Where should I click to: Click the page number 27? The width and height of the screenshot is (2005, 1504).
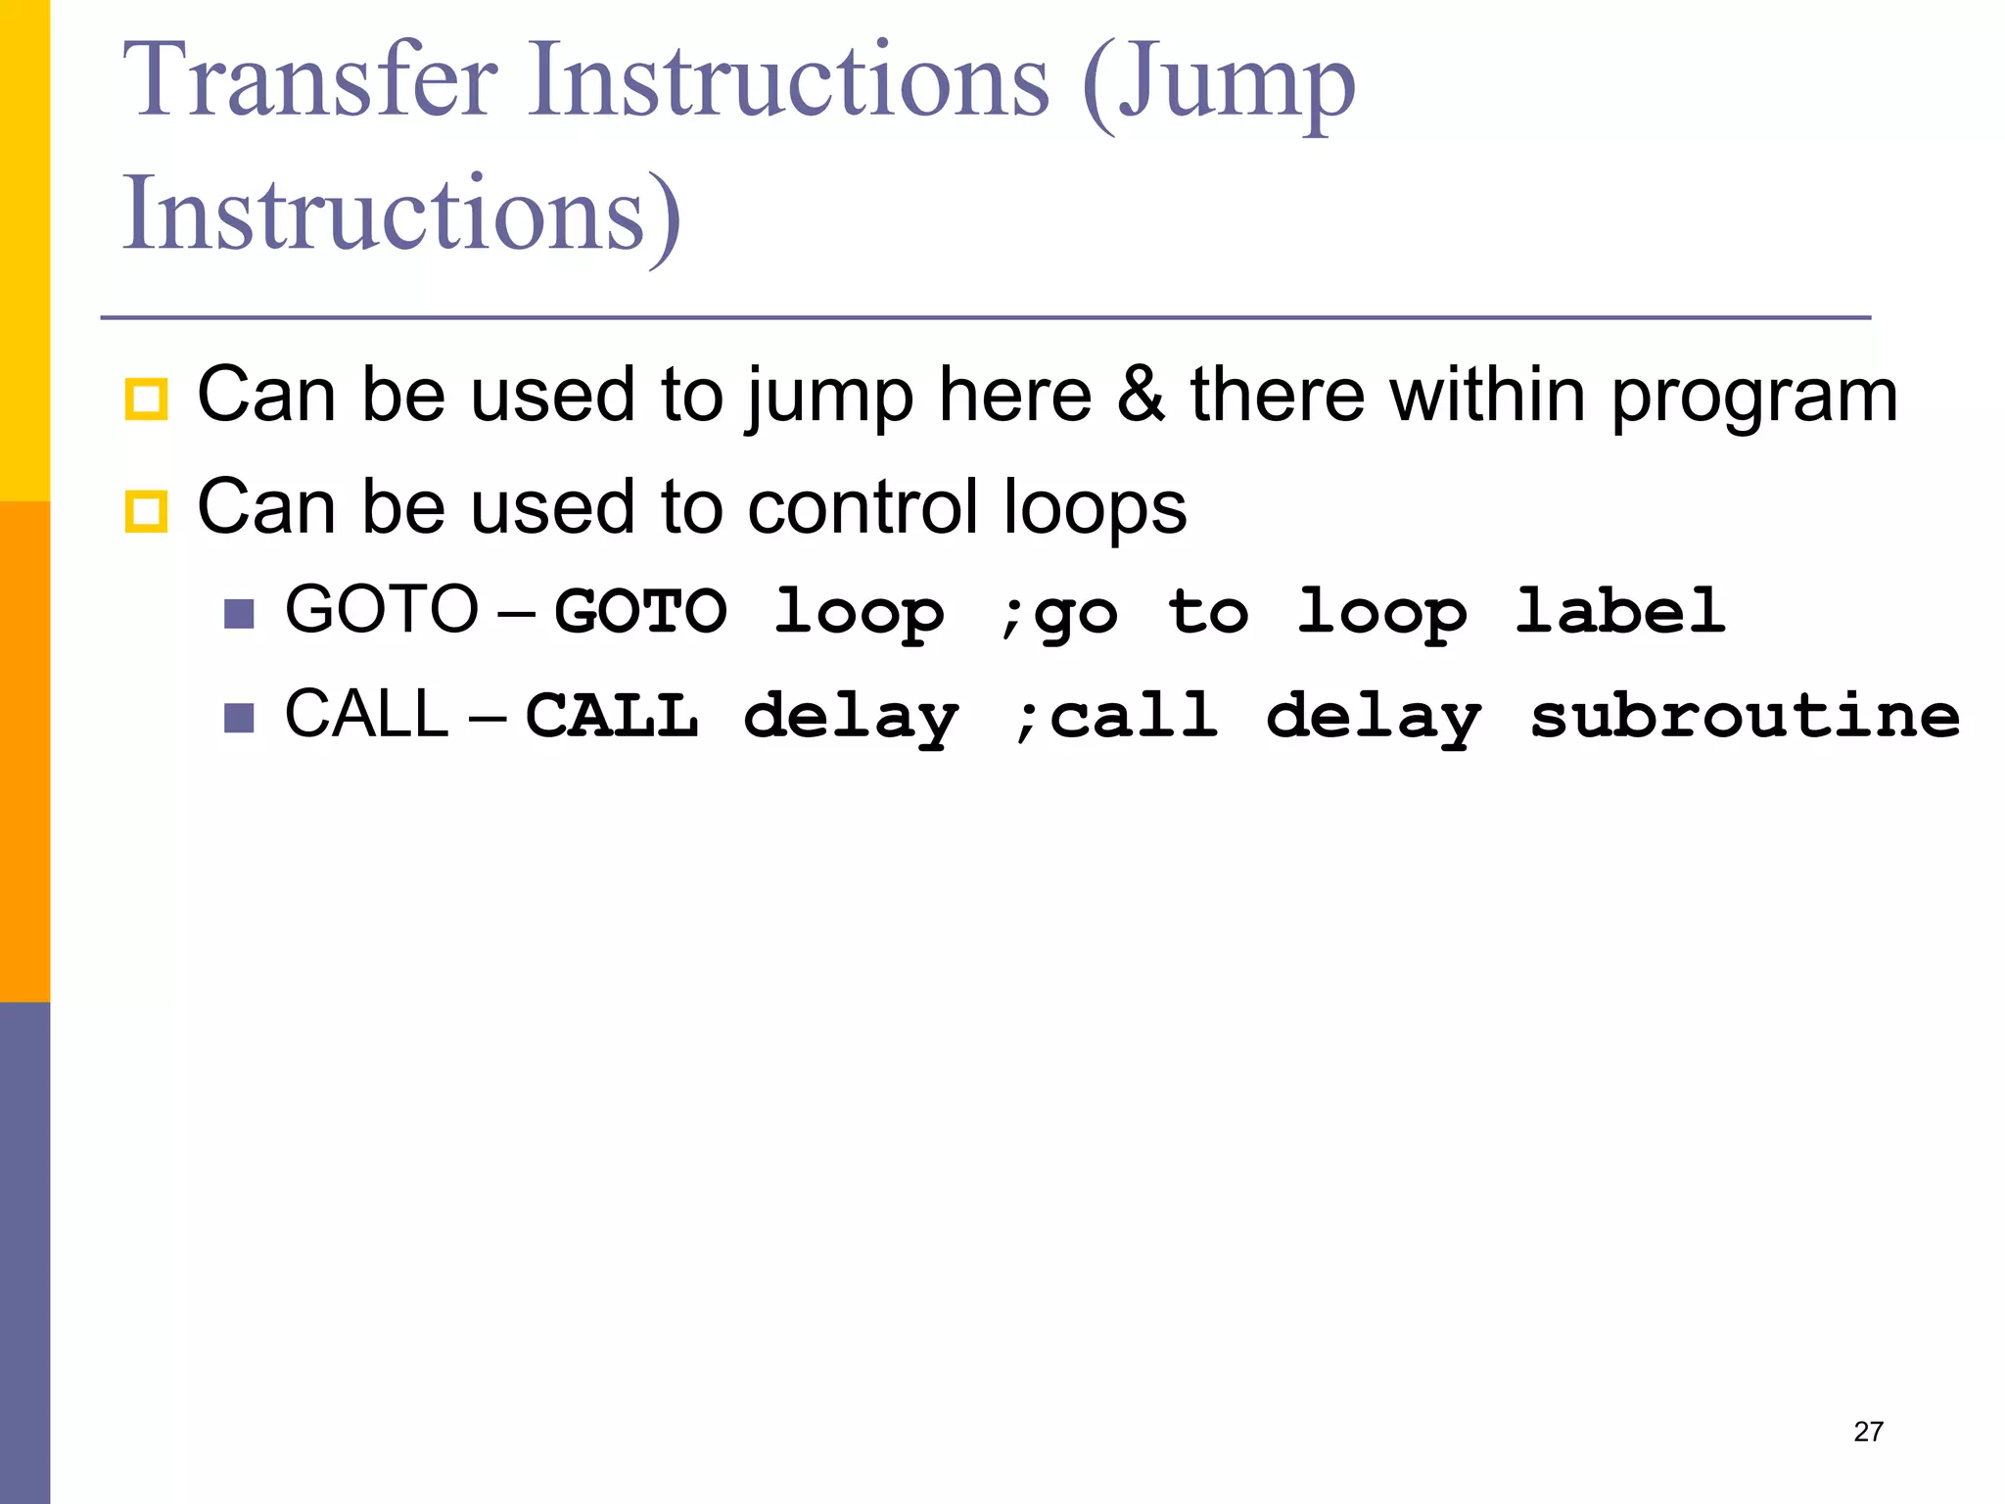1868,1432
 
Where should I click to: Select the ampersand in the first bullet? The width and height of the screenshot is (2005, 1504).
1141,395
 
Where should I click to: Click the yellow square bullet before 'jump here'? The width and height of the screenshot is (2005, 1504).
146,399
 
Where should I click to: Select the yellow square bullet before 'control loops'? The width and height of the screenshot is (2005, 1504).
146,511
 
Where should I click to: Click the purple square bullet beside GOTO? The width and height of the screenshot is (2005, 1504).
239,614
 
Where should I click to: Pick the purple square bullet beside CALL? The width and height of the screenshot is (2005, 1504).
239,718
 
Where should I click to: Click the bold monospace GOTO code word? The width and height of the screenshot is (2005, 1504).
641,612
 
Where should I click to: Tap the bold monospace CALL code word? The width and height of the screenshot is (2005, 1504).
612,716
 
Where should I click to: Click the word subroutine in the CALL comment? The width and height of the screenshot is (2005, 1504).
1745,716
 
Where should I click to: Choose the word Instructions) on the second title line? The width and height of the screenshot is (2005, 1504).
401,213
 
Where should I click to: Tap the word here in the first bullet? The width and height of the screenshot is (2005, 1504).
1015,395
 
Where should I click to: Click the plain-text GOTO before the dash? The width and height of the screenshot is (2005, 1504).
381,609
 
